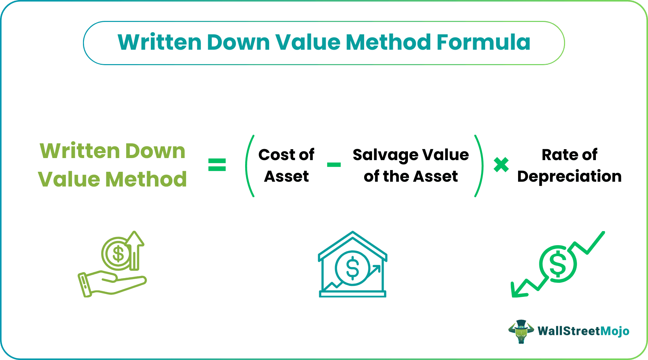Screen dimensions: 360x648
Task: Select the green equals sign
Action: click(217, 165)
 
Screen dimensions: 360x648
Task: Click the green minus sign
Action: click(334, 165)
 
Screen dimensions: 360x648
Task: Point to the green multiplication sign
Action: click(501, 165)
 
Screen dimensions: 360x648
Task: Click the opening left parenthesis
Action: click(249, 166)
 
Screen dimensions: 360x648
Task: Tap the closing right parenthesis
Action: click(479, 166)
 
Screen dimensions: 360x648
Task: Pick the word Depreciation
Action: click(569, 176)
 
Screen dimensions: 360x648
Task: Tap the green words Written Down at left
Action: click(112, 151)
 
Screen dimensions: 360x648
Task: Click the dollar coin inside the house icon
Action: click(352, 268)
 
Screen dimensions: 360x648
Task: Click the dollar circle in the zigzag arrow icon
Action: click(558, 264)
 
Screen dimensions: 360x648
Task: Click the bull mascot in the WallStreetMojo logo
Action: click(521, 331)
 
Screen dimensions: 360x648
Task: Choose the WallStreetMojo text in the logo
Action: click(583, 331)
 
